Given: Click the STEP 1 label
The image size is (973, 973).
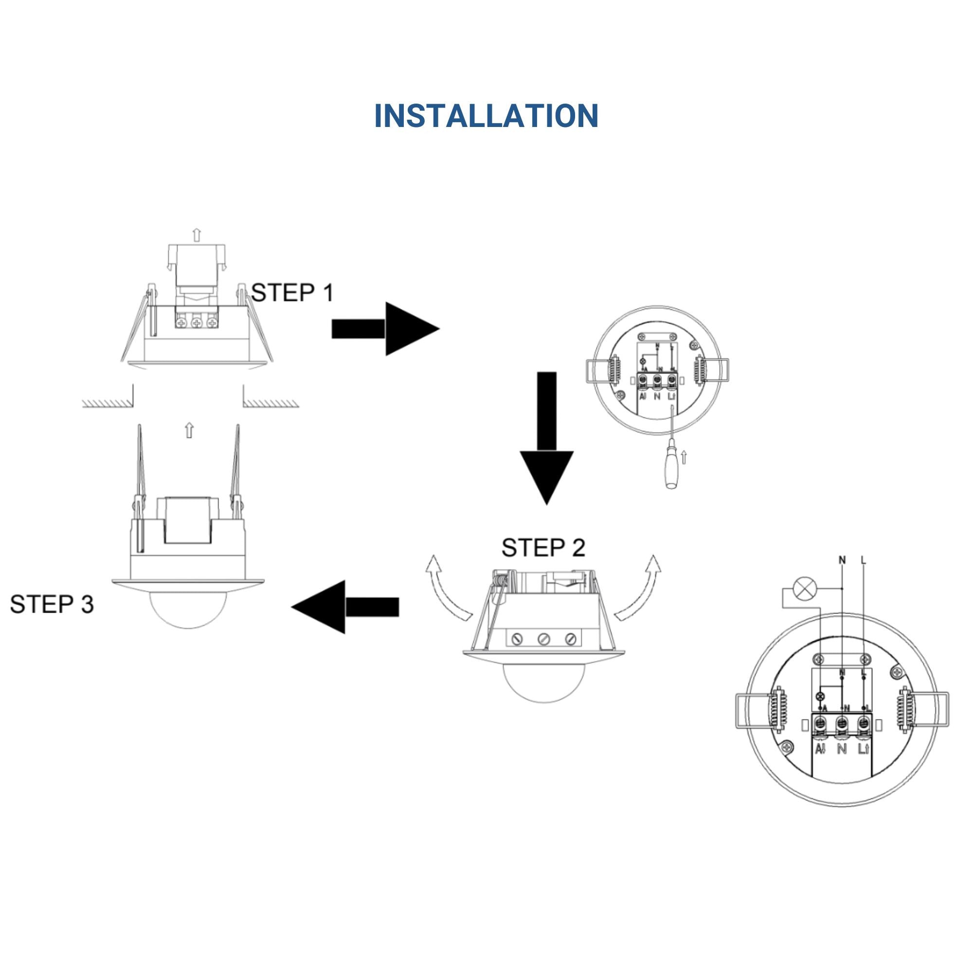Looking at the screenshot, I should (x=292, y=292).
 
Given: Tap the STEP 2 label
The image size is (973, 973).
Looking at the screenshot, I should (x=543, y=547).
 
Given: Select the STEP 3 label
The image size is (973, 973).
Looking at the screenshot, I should (x=52, y=604).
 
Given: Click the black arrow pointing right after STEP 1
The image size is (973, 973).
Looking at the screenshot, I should (x=385, y=329).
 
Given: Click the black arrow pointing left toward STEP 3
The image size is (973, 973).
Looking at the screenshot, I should (x=345, y=606).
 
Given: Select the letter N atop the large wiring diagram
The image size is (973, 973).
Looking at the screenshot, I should (x=842, y=559).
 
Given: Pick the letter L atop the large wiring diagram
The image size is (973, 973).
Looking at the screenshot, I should (x=864, y=559).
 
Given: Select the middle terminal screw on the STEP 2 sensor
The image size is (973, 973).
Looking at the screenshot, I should (x=543, y=639).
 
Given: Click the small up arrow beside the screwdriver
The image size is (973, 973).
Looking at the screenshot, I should (x=683, y=457).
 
